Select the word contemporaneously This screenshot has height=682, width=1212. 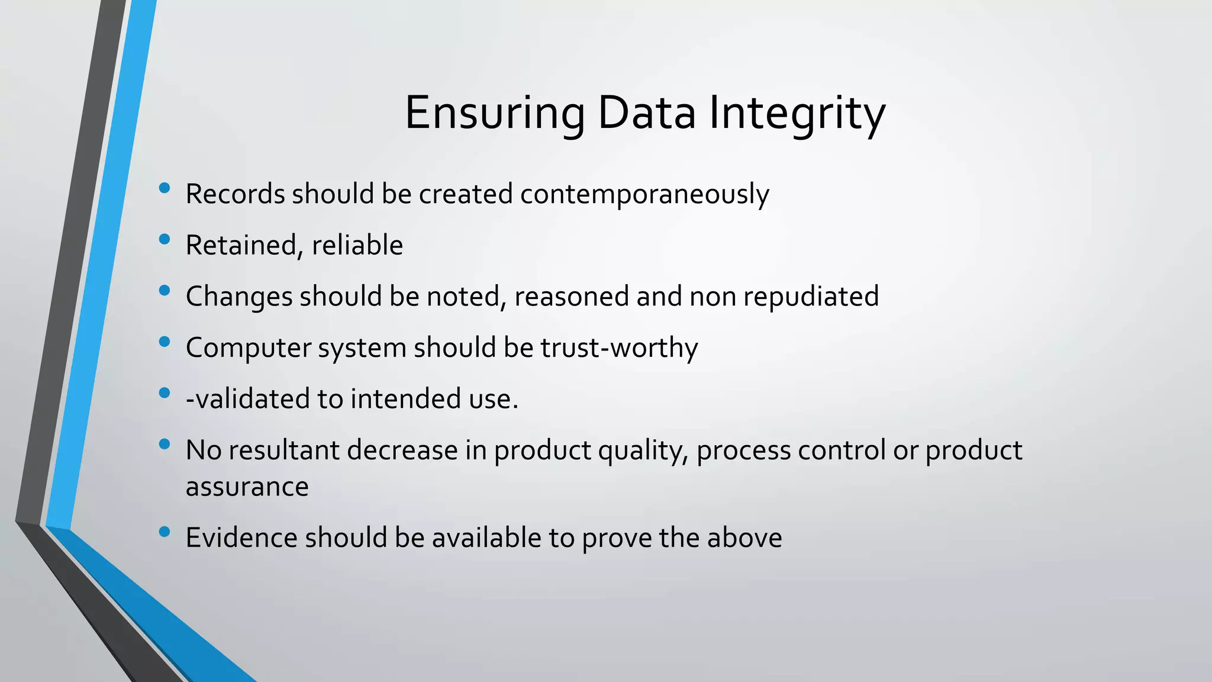click(644, 194)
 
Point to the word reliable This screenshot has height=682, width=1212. click(357, 245)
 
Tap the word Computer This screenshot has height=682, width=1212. click(248, 348)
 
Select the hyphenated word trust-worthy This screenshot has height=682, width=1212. click(619, 348)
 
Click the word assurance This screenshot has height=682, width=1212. click(247, 487)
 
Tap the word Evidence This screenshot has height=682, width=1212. click(241, 538)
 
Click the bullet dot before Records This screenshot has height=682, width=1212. click(165, 188)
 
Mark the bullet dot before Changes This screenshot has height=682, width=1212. click(165, 290)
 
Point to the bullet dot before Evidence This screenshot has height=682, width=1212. click(165, 532)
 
